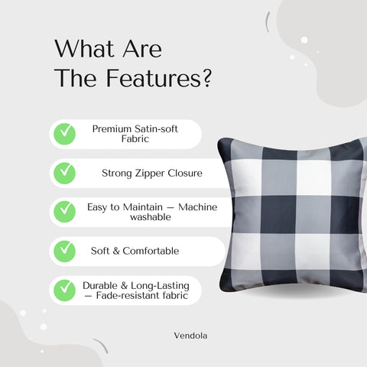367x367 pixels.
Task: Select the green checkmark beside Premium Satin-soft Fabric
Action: tap(64, 134)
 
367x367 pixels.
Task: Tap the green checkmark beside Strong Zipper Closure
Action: tap(64, 173)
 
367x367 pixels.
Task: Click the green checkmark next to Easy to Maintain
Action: tap(64, 211)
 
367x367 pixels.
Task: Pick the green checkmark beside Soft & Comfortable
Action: tap(64, 250)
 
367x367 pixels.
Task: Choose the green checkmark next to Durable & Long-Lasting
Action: tap(64, 290)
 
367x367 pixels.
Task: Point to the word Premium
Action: tap(112, 129)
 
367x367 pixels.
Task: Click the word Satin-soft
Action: tap(157, 129)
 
